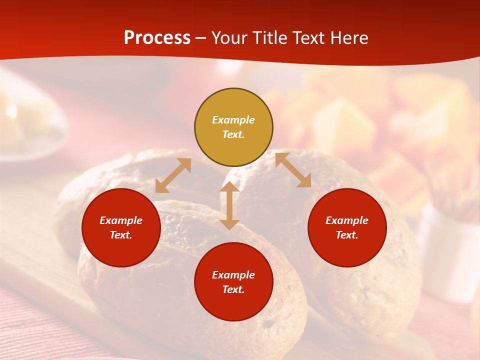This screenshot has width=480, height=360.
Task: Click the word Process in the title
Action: coord(157,38)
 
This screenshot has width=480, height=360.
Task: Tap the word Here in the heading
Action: coord(348,38)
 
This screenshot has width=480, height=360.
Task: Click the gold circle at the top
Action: coord(233,127)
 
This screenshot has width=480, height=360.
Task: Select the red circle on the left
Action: coord(121,227)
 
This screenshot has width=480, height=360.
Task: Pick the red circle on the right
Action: coord(347,227)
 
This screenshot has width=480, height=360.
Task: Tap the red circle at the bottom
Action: coord(233,282)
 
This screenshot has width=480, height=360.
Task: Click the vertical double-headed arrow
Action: coord(229,205)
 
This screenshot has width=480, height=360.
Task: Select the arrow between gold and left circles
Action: coord(173,175)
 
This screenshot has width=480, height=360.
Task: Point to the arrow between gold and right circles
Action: coord(293,170)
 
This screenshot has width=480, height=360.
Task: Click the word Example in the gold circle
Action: coord(233,120)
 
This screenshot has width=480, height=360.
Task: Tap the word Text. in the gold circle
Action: coord(233,134)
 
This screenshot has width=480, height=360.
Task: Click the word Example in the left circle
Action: coord(121,220)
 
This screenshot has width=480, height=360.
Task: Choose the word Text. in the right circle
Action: coord(347,235)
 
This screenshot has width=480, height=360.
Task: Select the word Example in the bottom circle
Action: coord(233,275)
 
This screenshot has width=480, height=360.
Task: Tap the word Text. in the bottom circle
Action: coord(233,289)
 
